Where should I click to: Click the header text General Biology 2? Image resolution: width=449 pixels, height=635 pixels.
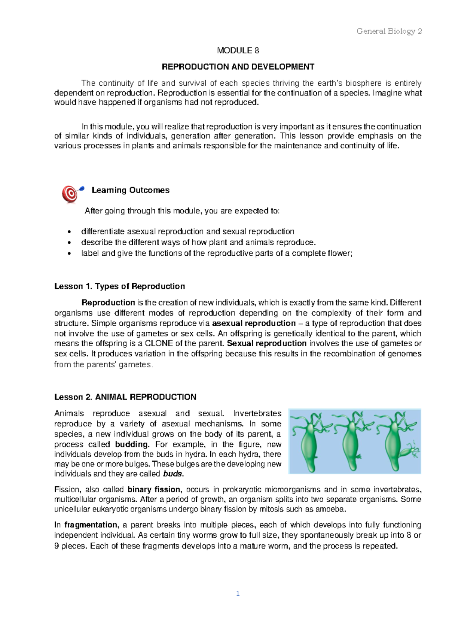coord(389,31)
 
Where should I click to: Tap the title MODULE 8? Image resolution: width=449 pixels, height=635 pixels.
coord(238,51)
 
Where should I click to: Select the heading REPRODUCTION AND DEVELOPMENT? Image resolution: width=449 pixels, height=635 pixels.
coord(238,67)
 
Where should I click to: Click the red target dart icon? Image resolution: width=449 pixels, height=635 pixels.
coord(71,194)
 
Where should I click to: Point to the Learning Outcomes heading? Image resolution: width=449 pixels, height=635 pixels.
coord(130,190)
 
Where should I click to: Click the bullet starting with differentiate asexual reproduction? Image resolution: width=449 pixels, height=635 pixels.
coord(187,231)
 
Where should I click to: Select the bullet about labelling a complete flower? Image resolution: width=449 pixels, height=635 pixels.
coord(217,253)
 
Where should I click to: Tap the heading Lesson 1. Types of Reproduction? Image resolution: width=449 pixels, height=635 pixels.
coord(119,286)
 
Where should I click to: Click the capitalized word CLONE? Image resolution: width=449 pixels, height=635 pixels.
coord(159,343)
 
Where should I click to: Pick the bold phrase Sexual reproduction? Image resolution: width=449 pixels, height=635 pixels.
coord(267,343)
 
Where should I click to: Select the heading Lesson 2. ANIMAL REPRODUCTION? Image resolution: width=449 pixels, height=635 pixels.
coord(125,397)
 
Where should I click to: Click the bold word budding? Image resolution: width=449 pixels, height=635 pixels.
coord(132,444)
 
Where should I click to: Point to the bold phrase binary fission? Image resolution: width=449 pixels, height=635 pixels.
coord(154,489)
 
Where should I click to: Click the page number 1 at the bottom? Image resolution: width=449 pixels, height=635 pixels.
coord(238,593)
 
